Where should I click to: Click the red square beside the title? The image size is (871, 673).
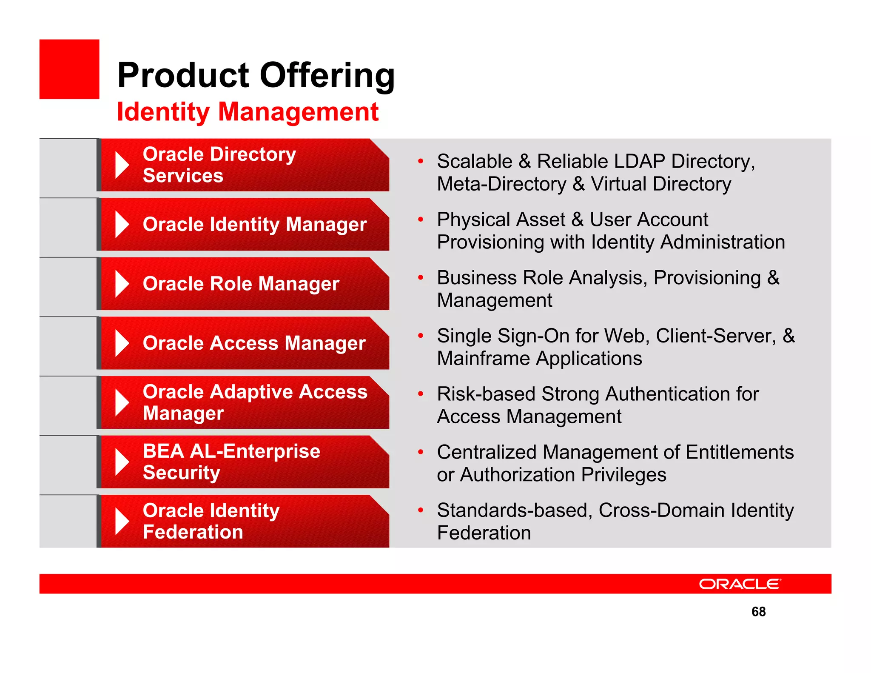[x=69, y=69]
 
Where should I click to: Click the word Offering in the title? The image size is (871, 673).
[x=327, y=75]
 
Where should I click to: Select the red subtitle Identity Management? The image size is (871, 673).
[x=248, y=112]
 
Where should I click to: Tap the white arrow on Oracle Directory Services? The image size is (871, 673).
[x=122, y=165]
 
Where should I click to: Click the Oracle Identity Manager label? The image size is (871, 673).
[x=255, y=224]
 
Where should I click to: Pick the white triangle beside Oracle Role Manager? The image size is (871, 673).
[x=122, y=284]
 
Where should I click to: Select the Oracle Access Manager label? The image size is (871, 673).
[x=254, y=343]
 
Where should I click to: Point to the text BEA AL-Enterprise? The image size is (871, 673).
[x=231, y=451]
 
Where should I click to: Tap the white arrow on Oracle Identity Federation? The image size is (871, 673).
[x=122, y=522]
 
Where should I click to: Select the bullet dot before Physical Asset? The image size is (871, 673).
[x=421, y=220]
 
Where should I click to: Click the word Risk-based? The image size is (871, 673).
[x=486, y=394]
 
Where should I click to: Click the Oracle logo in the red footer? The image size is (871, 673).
[x=740, y=584]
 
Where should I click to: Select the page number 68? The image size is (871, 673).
[x=758, y=612]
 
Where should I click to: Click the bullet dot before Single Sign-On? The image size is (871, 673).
[x=421, y=336]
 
